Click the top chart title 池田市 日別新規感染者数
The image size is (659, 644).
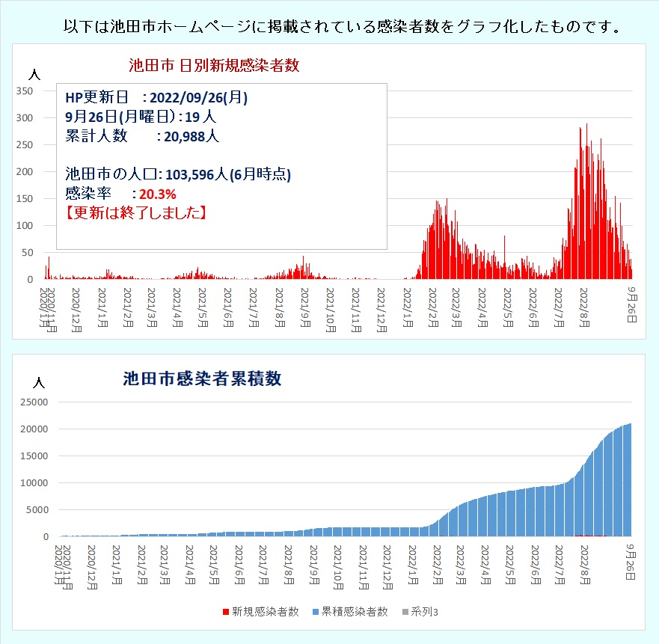tap(214, 65)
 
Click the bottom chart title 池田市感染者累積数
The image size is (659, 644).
tap(202, 378)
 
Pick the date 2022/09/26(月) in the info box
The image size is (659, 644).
tap(199, 98)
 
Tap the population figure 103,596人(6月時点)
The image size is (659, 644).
tap(228, 175)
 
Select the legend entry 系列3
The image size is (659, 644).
tap(425, 611)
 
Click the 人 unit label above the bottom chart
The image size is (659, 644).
tap(40, 382)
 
